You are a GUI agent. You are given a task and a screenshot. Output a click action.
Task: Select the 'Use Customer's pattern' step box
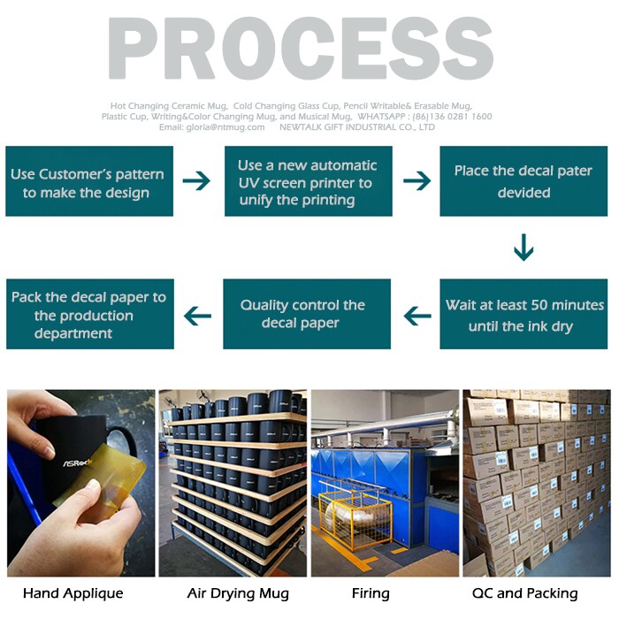89,182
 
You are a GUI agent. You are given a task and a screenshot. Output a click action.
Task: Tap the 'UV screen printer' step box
307,182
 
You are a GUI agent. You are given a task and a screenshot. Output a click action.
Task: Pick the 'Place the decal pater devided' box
523,182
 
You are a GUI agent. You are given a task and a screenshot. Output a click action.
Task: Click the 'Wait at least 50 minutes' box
523,315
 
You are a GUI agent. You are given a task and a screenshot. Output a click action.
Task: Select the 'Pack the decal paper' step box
89,315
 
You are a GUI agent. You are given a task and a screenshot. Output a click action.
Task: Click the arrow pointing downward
523,248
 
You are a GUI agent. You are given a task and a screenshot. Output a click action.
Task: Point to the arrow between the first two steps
196,181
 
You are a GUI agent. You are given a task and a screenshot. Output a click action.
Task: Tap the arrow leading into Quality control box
416,315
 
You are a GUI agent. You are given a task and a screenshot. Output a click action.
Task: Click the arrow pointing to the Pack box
197,315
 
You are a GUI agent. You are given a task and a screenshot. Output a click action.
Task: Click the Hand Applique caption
73,593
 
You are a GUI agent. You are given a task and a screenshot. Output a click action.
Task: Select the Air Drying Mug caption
238,593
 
